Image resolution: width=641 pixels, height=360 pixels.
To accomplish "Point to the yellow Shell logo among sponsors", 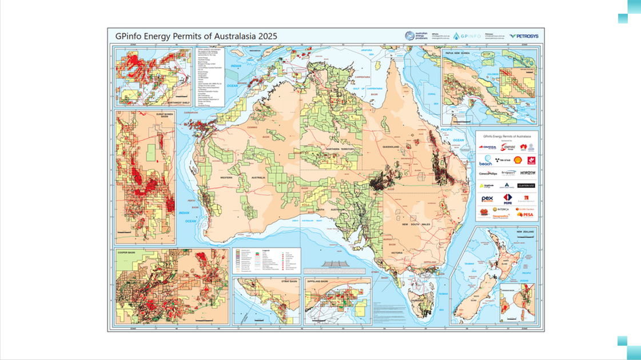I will click(517, 161).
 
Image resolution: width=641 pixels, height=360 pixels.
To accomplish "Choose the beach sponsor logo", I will click(485, 161).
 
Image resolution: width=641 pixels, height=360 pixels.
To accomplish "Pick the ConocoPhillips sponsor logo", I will click(488, 173).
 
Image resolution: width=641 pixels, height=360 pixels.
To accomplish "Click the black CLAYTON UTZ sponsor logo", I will click(525, 185).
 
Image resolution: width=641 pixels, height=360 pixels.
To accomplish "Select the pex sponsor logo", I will click(487, 199).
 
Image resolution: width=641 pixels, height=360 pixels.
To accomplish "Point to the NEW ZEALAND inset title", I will click(524, 231).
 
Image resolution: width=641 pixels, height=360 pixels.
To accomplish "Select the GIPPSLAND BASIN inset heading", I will click(319, 282).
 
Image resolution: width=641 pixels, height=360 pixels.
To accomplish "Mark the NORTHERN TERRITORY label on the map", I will click(340, 149).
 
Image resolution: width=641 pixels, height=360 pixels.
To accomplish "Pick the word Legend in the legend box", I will click(265, 251).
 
